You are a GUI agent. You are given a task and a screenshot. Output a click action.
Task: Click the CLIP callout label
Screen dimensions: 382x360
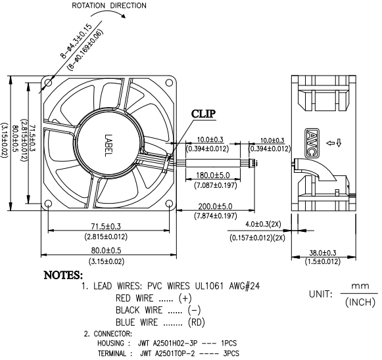tap(203, 114)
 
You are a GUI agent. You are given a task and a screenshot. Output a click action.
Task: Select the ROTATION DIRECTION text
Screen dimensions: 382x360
tap(109, 6)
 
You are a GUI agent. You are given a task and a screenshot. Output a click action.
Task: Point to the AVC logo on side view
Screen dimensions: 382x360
tap(312, 143)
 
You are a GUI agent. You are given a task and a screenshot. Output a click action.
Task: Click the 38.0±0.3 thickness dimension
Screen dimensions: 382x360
tap(323, 253)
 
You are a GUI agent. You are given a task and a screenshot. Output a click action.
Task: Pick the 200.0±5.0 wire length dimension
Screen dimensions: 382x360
tap(215, 206)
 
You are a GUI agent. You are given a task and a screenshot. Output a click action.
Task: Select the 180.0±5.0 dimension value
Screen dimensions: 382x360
tap(213, 175)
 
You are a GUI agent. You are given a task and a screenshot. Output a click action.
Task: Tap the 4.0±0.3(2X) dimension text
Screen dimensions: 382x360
tap(263, 224)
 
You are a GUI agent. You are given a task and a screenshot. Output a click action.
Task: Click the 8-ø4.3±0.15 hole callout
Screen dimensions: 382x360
tap(76, 41)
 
